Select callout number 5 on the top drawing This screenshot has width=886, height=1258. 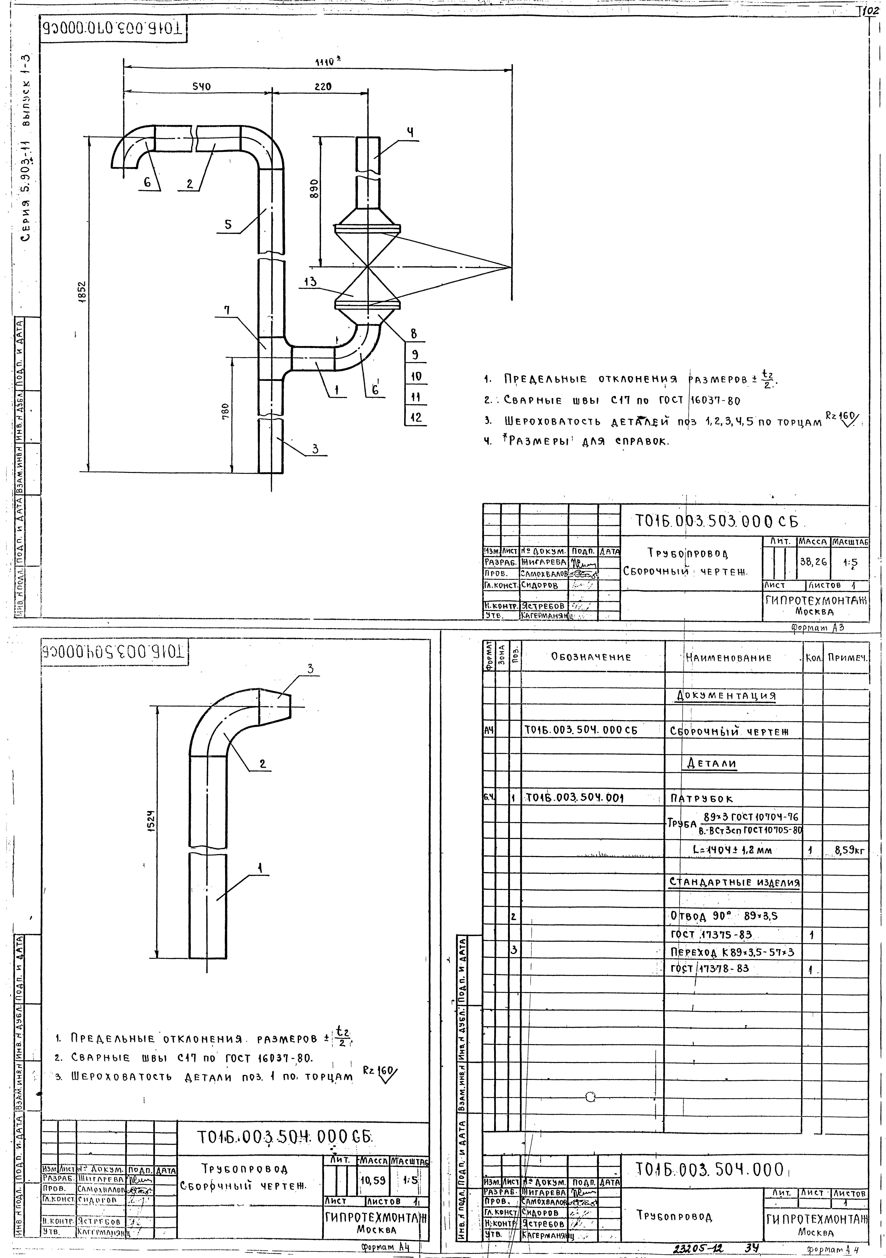point(228,224)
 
